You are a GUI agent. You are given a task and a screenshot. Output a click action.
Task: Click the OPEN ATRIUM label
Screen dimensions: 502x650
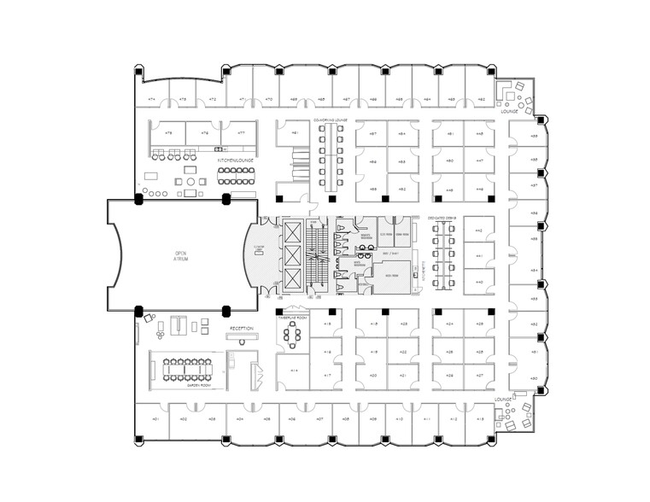[x=180, y=255]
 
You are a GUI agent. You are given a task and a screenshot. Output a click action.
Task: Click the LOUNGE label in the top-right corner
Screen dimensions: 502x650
[x=510, y=111]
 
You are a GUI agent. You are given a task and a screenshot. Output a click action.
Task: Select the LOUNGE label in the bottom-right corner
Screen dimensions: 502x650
[x=502, y=398]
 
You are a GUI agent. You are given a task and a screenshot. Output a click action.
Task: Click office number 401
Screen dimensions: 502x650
[x=155, y=419]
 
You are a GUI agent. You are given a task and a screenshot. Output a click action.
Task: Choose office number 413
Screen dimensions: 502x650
[x=479, y=419]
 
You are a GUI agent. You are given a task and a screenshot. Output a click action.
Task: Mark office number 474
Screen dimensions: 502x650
[x=151, y=100]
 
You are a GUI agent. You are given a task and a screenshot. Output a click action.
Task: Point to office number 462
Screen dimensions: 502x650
[x=481, y=100]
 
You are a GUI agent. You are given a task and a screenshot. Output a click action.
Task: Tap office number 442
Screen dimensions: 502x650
[x=479, y=231]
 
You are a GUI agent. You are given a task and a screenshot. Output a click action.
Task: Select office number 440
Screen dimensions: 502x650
[x=479, y=282]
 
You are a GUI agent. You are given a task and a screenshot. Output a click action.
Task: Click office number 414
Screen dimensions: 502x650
[x=294, y=371]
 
